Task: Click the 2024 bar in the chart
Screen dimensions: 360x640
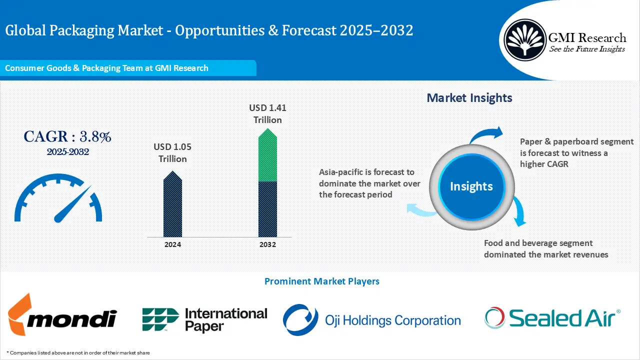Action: (x=172, y=206)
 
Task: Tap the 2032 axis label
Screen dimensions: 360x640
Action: (x=267, y=244)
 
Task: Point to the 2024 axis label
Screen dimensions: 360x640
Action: (x=172, y=244)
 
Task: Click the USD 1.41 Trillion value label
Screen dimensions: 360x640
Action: (x=267, y=113)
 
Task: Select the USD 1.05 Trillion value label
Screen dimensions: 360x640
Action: (x=172, y=153)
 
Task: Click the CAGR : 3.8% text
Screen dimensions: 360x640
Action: (x=67, y=136)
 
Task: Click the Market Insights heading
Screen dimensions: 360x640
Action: (x=469, y=98)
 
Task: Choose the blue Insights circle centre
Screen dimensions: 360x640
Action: (x=471, y=186)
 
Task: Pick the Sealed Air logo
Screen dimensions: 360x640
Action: (x=552, y=318)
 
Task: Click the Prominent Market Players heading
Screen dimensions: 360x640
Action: (x=321, y=281)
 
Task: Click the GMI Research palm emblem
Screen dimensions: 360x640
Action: (x=524, y=40)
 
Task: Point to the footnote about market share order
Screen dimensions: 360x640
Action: (x=79, y=352)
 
